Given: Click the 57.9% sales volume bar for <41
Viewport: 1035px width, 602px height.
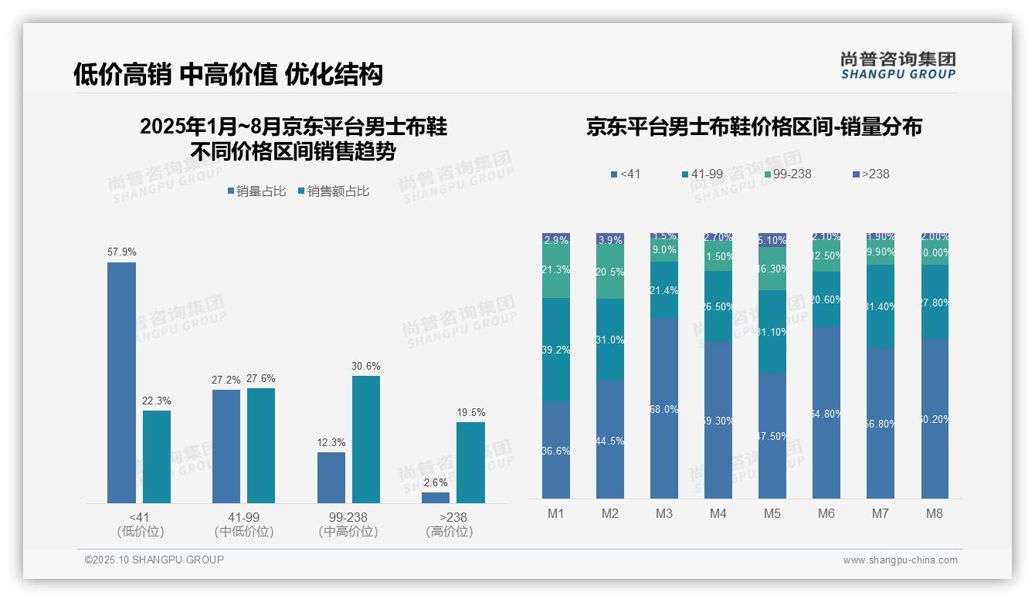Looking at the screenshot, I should [121, 383].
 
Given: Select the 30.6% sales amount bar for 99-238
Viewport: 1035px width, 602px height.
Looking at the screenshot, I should [366, 439].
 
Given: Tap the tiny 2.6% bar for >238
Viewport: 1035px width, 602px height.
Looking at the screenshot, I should [436, 498].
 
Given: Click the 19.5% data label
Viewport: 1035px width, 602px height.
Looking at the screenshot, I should [470, 412].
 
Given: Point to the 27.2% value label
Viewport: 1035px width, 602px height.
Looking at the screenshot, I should [226, 380].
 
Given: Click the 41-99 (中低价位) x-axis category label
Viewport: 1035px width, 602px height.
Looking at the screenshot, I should [244, 524].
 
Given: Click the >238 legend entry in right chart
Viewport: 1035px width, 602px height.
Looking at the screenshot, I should [871, 174].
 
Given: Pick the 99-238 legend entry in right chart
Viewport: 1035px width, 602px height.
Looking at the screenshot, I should [788, 174].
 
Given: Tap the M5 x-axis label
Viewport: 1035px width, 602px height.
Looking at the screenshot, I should [772, 514].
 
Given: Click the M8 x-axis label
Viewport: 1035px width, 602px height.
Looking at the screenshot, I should [934, 514].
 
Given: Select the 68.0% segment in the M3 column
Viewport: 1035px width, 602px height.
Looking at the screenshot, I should [663, 408].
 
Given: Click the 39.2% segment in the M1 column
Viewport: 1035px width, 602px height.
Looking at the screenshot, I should [555, 350].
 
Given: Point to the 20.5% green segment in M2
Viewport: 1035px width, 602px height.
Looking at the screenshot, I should [609, 272].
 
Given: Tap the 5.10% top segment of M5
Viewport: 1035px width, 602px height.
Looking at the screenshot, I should [772, 240].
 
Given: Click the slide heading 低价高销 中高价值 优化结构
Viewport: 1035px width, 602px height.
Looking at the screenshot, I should [228, 75].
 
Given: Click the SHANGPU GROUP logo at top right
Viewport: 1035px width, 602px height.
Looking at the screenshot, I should [898, 66].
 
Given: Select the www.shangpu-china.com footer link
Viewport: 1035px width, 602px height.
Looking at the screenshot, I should [900, 560].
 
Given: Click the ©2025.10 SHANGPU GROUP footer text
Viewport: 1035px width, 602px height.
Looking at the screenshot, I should [154, 560].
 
